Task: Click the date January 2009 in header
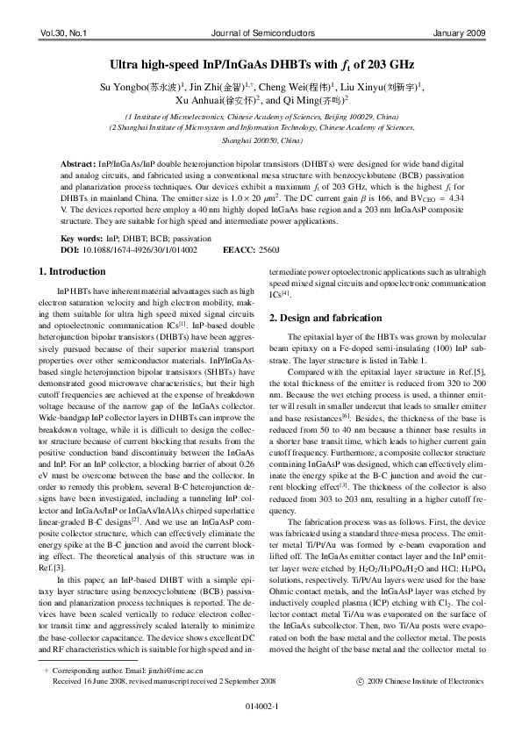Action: point(460,33)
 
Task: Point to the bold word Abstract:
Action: point(78,165)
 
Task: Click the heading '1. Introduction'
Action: point(74,271)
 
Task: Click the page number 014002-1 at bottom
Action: point(261,727)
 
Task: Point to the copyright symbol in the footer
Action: point(358,704)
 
